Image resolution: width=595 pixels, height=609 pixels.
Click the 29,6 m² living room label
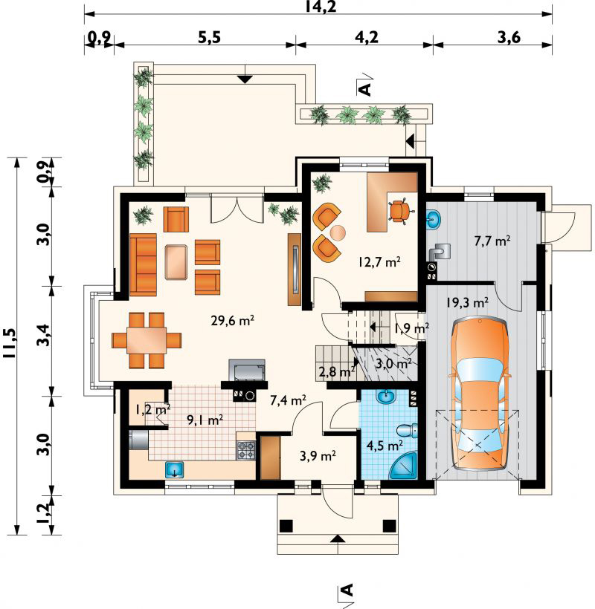(x=233, y=321)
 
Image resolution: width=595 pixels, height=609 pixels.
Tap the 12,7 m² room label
(x=379, y=262)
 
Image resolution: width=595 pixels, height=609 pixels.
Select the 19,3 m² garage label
(x=467, y=302)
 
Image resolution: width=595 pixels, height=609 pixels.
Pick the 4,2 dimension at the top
(x=367, y=38)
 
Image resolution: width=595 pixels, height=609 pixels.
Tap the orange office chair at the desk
(x=398, y=210)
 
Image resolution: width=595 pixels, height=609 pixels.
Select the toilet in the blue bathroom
(x=407, y=430)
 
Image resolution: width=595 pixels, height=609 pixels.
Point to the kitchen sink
(x=176, y=469)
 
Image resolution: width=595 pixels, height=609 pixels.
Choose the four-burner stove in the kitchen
(x=246, y=451)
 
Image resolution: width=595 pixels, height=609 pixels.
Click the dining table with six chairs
(x=147, y=340)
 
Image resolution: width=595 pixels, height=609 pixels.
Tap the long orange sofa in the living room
(x=143, y=264)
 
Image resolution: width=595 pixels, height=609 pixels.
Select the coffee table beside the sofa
(x=176, y=262)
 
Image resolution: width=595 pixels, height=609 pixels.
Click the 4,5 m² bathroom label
(x=385, y=445)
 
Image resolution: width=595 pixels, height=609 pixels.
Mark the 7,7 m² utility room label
(x=492, y=241)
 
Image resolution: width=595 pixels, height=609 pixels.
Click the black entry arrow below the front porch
(x=338, y=538)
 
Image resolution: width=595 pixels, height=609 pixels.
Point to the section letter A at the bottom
(x=347, y=590)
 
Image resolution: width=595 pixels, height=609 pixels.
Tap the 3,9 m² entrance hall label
(x=318, y=456)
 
